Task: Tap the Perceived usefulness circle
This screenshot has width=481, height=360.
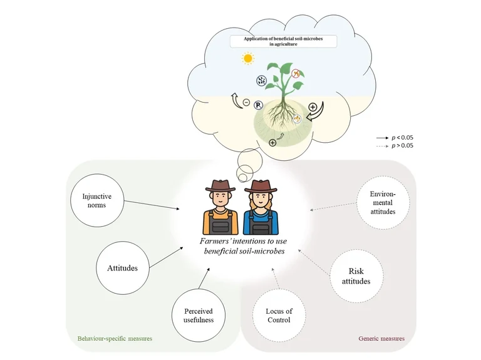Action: click(x=199, y=315)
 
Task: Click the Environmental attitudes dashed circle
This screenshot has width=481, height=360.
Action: click(x=382, y=203)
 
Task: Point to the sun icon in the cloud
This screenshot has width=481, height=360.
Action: click(x=249, y=59)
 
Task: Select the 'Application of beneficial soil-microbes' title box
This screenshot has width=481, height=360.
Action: click(x=283, y=42)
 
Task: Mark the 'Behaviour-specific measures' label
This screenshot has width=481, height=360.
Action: click(x=115, y=339)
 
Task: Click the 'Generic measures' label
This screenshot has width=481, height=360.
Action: click(x=381, y=339)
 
